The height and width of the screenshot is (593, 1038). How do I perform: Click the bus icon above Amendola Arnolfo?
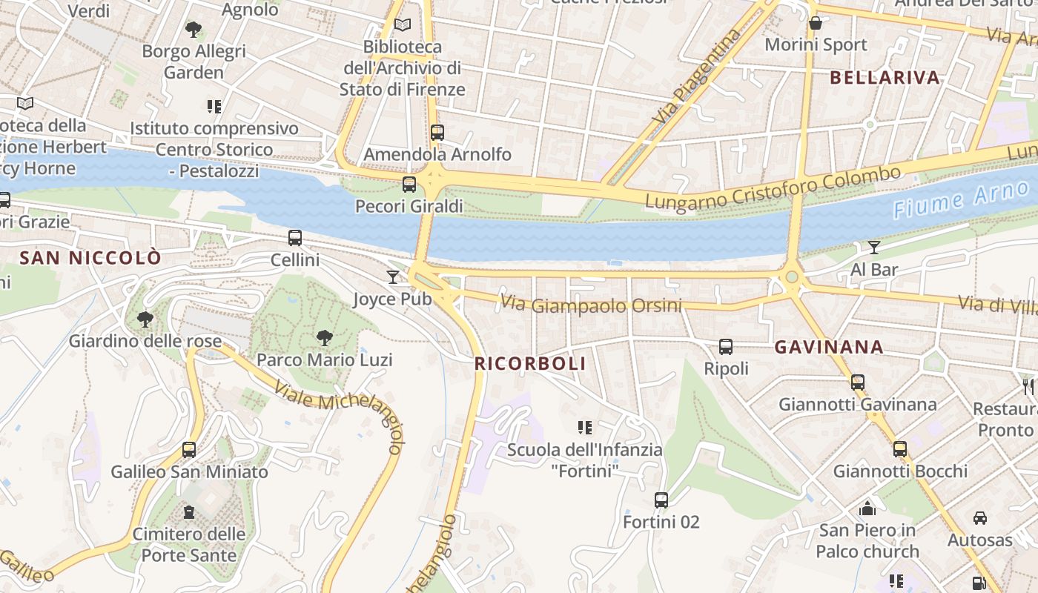click(437, 133)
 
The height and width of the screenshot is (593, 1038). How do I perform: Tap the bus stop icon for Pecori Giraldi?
click(409, 185)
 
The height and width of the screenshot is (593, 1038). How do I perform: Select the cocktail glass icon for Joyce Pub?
click(393, 277)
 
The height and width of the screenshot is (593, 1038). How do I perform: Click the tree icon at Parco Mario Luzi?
click(324, 338)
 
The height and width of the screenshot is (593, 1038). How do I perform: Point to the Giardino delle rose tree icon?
click(145, 319)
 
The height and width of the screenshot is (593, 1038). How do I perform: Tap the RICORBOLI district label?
click(530, 364)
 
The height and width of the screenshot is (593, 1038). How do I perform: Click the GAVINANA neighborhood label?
click(829, 347)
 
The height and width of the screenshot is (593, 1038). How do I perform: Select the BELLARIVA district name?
click(885, 77)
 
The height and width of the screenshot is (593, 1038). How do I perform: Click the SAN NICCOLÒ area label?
click(90, 258)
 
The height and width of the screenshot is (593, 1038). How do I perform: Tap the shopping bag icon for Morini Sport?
click(816, 23)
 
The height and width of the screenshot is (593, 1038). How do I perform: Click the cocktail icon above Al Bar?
click(874, 248)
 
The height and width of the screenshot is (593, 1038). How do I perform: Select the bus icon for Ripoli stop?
click(726, 347)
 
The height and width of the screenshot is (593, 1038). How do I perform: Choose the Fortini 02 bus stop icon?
click(661, 500)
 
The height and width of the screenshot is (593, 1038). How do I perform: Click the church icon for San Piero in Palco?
click(867, 508)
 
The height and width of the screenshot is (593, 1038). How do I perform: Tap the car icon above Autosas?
click(980, 518)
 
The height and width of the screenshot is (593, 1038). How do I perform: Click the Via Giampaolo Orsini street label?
click(591, 305)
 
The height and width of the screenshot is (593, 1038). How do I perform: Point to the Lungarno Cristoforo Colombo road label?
click(773, 188)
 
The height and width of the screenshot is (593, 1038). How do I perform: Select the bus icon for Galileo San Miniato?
click(189, 450)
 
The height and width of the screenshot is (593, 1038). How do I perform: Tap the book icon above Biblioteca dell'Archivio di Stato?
click(403, 25)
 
